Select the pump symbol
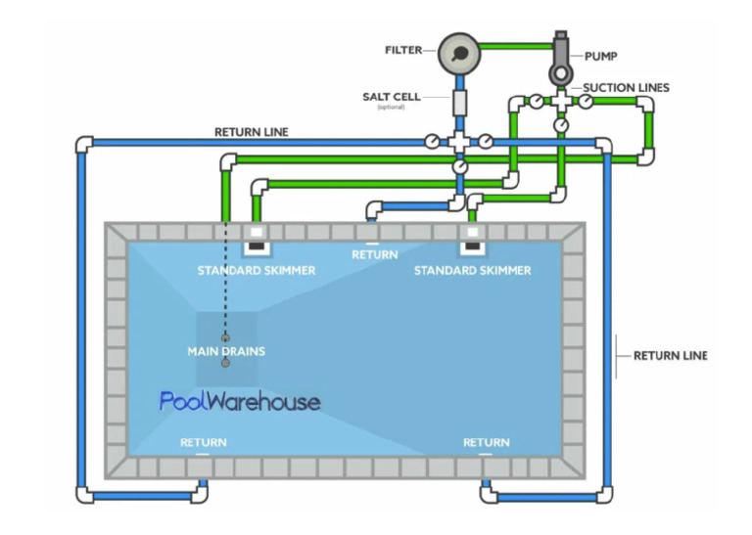coord(561,62)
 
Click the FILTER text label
coord(404,49)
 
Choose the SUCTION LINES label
coord(626,88)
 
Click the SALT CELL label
coord(392,97)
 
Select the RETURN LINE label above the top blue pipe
coord(252,132)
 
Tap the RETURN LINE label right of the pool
coord(670,356)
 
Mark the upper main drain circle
coord(225,337)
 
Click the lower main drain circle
coord(225,363)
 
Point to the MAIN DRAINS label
coord(226,350)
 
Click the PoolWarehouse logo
coord(239,401)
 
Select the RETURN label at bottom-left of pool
coord(203,443)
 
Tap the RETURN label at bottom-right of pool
coord(486,443)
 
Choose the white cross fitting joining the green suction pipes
coord(560,101)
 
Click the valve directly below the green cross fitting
coord(560,125)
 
